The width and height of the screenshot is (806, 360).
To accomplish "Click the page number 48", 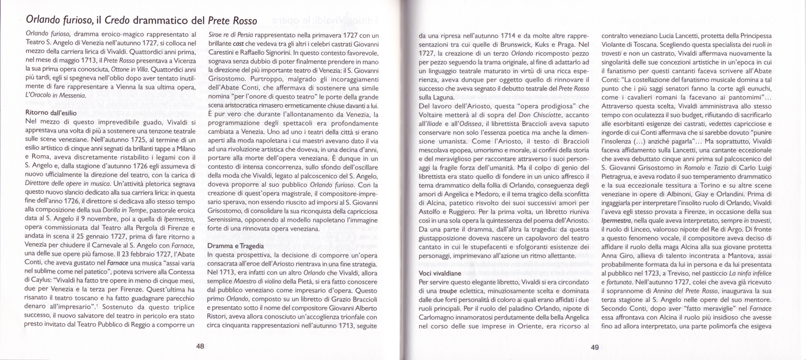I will pos(200,346).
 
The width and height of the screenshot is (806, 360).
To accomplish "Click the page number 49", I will pos(595,347).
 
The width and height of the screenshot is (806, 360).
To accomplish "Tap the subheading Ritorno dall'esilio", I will pos(51,112).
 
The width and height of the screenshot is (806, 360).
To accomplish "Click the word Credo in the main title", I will pos(117,20).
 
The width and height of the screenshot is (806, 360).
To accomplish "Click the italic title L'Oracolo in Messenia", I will pos(55,95).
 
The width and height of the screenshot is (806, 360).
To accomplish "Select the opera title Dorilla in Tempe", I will pos(124,210).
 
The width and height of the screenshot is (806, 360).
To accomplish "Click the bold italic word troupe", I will pos(448,291).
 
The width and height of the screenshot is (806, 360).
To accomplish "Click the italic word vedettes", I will pos(720,124).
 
